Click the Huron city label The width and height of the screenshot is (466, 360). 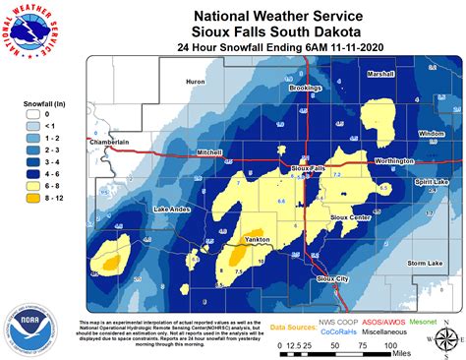(x=195, y=83)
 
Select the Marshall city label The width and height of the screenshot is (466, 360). (x=380, y=74)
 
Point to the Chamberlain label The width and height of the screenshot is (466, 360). (x=109, y=143)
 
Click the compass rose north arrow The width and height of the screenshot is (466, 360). (x=444, y=340)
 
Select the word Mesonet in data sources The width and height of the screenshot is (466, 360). (x=426, y=320)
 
